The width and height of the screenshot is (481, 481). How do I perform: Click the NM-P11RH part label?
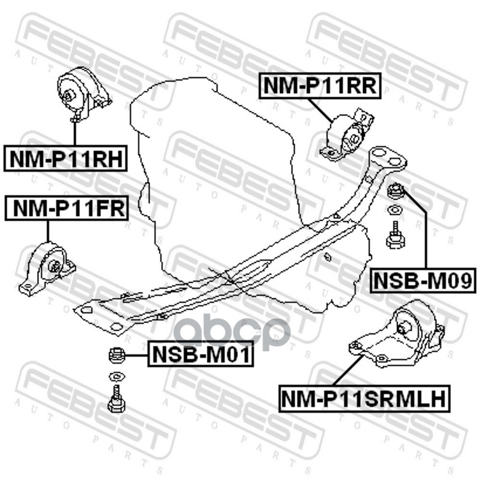[x=64, y=159]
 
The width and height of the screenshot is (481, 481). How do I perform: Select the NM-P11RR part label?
[x=319, y=86]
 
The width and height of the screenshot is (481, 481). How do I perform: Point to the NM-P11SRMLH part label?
[x=364, y=397]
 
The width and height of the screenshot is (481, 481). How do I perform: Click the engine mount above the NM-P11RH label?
[x=81, y=93]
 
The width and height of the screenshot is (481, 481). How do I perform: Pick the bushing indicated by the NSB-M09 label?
[x=396, y=192]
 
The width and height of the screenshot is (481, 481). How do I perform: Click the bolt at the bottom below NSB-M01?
[x=115, y=400]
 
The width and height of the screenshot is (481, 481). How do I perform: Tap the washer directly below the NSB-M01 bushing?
[x=115, y=378]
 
